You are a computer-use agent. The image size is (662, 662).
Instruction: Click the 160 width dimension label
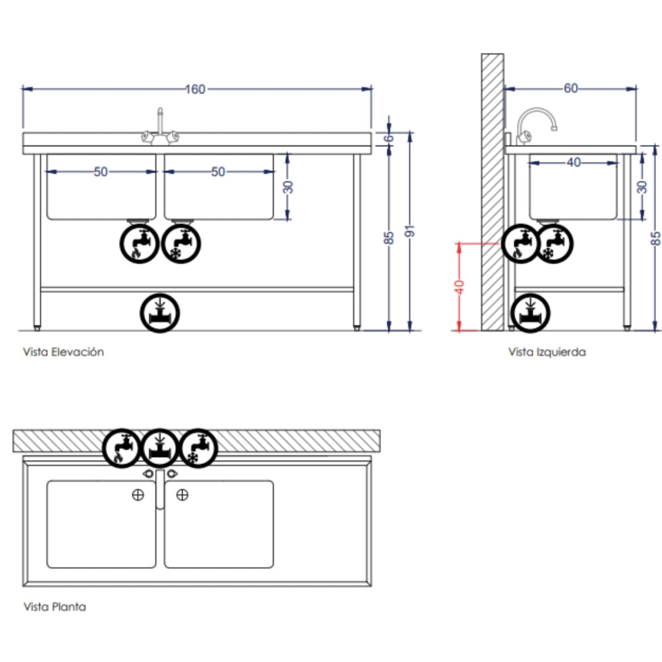coord(195,89)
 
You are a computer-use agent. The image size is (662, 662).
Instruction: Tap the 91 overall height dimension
coord(410,231)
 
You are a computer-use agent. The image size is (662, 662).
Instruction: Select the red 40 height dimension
coord(459,287)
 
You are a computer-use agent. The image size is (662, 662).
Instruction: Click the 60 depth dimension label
coord(571,88)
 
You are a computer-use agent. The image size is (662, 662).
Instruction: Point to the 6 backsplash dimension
coord(389,138)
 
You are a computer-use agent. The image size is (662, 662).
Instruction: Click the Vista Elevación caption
coord(64,352)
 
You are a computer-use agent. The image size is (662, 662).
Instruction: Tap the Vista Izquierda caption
coord(547,352)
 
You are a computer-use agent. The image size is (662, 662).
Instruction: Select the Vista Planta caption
coord(54,606)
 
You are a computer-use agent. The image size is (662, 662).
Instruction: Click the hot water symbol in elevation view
coord(139,244)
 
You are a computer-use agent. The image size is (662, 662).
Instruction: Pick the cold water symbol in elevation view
coord(181,244)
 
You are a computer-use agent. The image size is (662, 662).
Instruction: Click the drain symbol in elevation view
coord(160,313)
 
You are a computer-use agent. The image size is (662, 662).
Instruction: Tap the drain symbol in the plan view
coord(160,448)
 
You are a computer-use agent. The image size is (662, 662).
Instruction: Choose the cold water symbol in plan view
coord(199,448)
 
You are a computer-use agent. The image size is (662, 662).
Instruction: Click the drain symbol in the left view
coord(530,313)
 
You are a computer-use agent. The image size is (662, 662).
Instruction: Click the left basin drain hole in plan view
coord(138,495)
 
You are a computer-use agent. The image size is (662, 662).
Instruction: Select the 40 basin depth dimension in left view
coord(574,163)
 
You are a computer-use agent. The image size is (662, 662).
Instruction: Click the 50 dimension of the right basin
coord(218,172)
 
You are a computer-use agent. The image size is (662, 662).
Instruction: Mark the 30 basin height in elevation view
coord(288,187)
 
